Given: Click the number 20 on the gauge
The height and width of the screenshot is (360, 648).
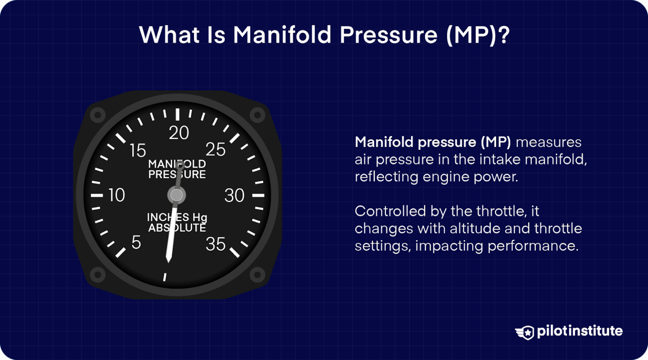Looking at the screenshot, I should tap(179, 133).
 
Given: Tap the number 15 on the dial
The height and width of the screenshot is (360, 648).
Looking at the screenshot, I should tap(138, 151).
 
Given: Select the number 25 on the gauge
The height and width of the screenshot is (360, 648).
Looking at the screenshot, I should tap(216, 150).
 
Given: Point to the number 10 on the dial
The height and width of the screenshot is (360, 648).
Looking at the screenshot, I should tap(116, 195).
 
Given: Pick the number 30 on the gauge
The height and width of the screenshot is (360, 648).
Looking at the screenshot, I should tap(235, 195).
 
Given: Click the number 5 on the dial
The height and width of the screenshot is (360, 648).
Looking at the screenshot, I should tap(136, 243).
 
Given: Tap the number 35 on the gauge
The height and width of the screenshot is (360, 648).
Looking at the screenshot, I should tap(216, 244).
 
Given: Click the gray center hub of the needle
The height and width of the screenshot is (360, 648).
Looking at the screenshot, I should tap(176, 195).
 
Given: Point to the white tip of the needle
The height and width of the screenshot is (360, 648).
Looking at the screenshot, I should tap(169, 258).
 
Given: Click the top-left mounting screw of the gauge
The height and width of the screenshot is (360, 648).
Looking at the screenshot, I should tap(98, 115).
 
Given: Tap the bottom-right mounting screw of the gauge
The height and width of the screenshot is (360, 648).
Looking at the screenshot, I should tap(257, 275).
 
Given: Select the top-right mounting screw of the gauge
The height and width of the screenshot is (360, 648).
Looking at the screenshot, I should tap(257, 114).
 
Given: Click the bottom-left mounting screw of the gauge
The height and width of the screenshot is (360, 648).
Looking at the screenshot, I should tap(98, 275).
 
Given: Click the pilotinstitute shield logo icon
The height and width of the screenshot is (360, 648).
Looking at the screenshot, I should tap(525, 332).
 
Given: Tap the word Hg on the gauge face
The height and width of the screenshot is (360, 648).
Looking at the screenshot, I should tap(200, 217).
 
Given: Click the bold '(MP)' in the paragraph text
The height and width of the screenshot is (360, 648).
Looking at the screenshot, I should tap(496, 142).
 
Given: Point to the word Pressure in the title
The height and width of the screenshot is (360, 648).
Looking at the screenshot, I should tap(389, 35).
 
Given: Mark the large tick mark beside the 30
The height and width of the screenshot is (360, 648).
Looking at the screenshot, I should tap(258, 195).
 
